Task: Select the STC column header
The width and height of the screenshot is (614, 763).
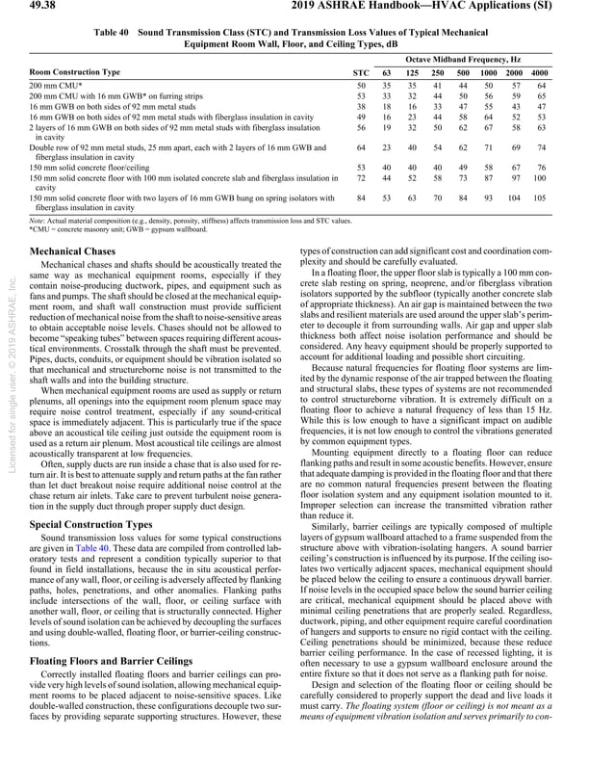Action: tap(360, 73)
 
